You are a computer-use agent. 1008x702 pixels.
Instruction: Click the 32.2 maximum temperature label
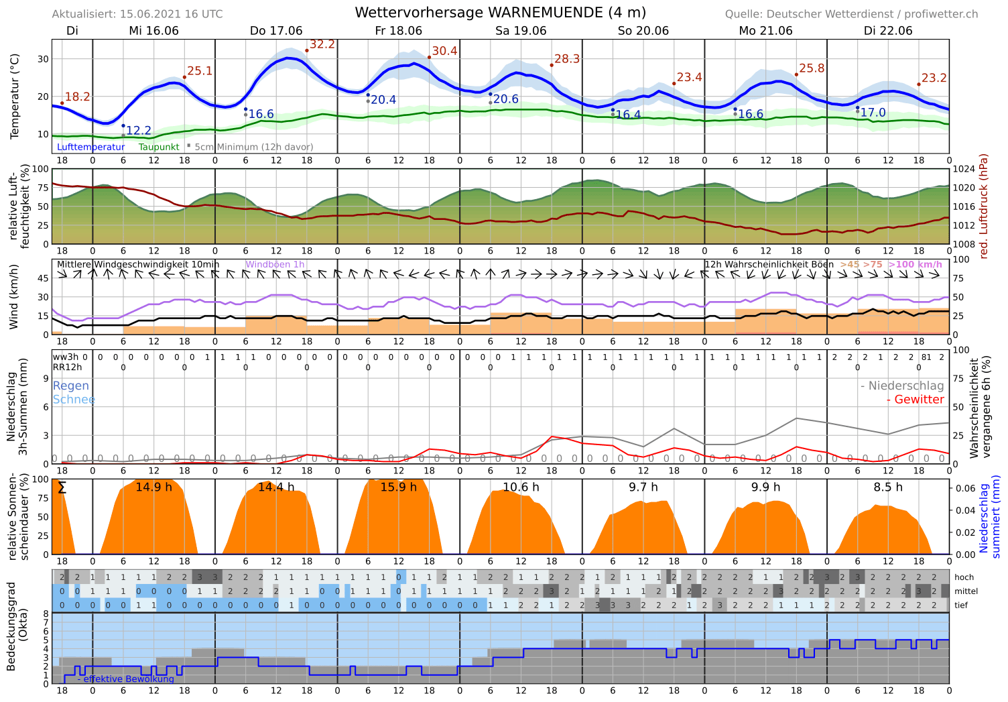point(322,44)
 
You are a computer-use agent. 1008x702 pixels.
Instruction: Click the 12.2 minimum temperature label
point(139,131)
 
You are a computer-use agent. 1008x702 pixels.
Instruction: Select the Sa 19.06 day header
point(521,31)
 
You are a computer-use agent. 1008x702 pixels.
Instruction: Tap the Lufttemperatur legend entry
point(91,147)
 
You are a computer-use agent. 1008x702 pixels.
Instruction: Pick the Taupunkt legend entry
point(159,147)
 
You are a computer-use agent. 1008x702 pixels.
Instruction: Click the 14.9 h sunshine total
point(153,487)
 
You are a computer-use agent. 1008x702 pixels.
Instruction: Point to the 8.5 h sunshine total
point(888,487)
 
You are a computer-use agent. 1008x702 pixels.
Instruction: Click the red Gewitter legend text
point(915,400)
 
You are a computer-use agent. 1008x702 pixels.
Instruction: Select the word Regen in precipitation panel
point(70,386)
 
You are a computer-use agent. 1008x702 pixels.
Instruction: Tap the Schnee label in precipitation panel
point(74,400)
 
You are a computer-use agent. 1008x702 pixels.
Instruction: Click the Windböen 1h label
point(275,265)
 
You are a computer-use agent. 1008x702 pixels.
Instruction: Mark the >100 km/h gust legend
point(915,265)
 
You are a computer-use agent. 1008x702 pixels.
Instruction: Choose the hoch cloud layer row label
point(964,577)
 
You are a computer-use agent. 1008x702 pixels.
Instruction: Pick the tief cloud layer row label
point(961,605)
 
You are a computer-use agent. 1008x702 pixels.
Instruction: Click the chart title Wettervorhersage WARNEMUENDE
point(500,13)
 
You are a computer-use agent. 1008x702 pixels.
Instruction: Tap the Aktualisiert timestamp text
point(137,14)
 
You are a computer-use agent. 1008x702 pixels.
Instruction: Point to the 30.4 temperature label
point(444,52)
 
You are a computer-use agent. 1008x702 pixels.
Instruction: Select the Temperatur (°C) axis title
point(15,97)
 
